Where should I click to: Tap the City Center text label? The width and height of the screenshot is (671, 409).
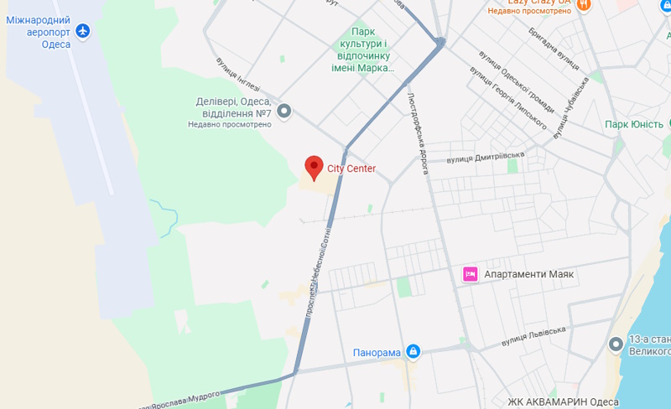(351, 168)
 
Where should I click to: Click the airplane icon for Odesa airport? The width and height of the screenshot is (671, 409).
(82, 32)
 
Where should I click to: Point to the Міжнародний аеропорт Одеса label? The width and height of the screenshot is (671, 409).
(39, 32)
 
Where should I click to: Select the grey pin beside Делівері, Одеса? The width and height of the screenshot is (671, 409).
(284, 110)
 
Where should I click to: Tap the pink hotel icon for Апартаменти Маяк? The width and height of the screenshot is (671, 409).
(470, 274)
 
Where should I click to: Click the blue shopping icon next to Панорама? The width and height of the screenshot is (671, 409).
(413, 351)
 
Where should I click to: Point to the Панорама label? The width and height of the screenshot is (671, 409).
(377, 353)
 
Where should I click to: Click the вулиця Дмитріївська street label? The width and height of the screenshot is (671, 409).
(486, 157)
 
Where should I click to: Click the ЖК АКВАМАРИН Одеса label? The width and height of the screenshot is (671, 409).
(557, 401)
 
